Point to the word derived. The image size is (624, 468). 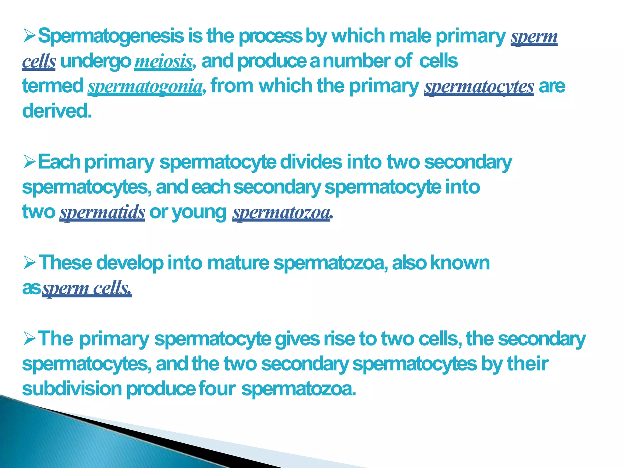click(x=57, y=111)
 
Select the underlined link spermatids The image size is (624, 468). click(x=102, y=212)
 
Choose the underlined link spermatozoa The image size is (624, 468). click(x=281, y=212)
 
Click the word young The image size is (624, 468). click(x=199, y=212)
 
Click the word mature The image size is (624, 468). click(x=238, y=263)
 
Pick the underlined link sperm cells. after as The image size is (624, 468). click(x=87, y=288)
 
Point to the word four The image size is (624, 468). click(x=217, y=389)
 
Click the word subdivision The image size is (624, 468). click(x=72, y=389)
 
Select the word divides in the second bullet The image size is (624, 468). click(x=311, y=162)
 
